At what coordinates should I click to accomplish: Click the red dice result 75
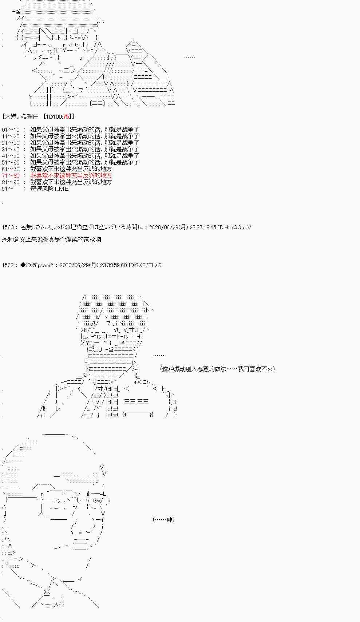[66, 116]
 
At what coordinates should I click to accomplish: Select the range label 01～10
[10, 130]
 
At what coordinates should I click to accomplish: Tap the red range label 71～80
[10, 175]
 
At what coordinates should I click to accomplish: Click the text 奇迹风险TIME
[49, 189]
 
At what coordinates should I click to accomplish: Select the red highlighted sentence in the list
[71, 175]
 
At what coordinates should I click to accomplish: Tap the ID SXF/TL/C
[148, 265]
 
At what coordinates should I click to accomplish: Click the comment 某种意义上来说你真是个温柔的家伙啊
[51, 239]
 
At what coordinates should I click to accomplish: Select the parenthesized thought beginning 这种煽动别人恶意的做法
[217, 369]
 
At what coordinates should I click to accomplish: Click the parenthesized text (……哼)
[163, 519]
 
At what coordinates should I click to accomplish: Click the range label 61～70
[10, 169]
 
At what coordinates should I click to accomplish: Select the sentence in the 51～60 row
[84, 162]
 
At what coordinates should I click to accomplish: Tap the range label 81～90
[10, 182]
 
